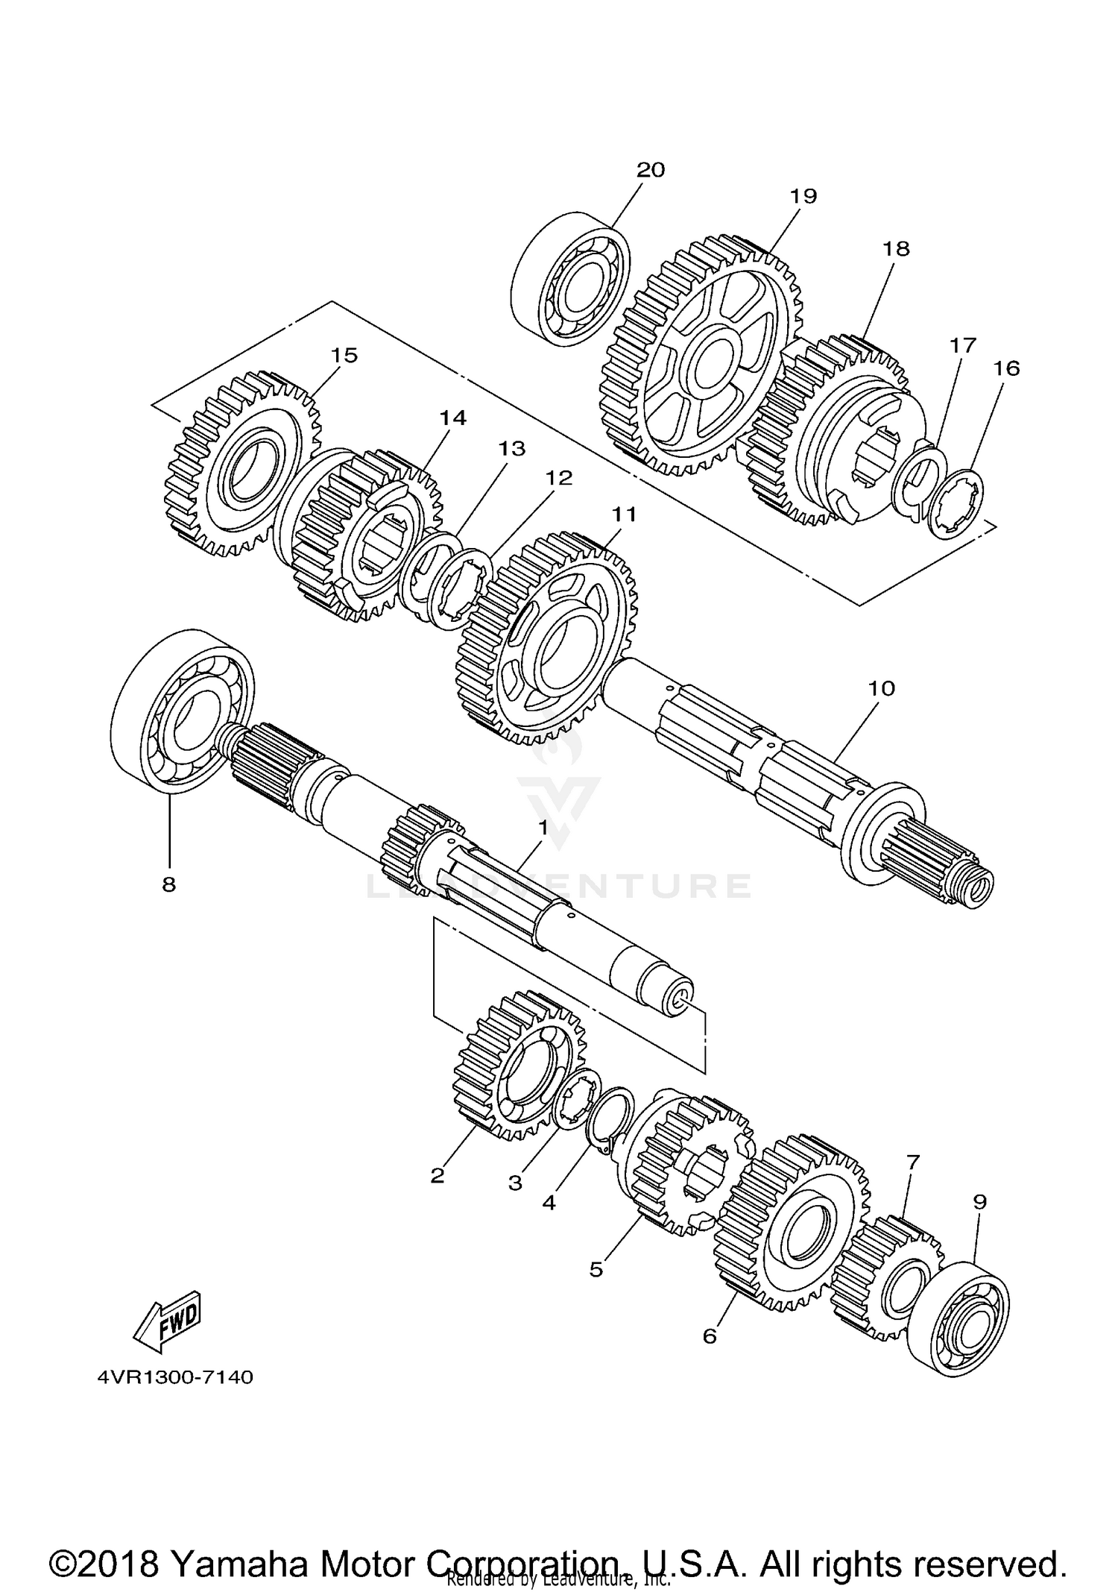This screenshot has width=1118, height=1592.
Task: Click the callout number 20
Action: pos(650,170)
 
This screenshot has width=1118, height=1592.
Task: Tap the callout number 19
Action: pos(803,196)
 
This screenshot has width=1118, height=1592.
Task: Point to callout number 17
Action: pos(962,345)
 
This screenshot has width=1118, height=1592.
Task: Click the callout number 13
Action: pos(512,448)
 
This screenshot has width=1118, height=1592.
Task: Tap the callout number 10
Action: pos(881,688)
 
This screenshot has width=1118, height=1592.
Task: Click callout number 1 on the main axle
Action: pos(543,827)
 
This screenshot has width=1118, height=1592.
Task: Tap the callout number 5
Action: pos(596,1269)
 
